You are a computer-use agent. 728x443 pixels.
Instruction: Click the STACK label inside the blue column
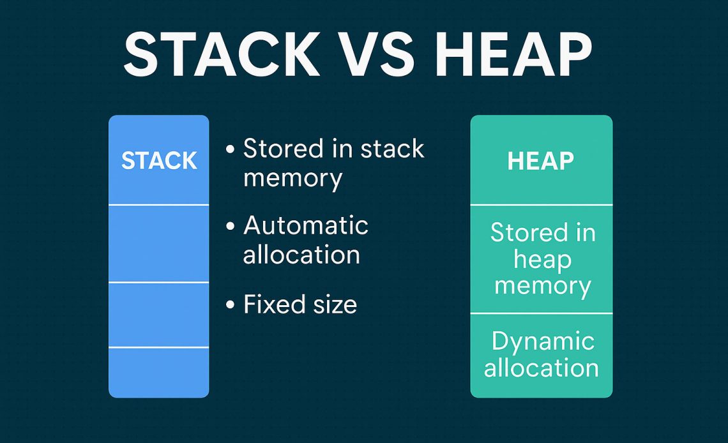(x=159, y=161)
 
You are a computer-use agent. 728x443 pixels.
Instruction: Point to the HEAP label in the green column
(x=540, y=161)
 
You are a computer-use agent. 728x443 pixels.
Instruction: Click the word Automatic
(x=306, y=225)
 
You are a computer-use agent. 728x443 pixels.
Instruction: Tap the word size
(x=333, y=304)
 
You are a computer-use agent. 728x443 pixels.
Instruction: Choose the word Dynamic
(x=543, y=342)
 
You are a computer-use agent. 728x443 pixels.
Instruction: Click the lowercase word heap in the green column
(x=542, y=259)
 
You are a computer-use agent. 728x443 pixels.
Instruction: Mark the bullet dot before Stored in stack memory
(x=231, y=150)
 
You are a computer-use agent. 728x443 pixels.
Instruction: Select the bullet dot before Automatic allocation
(x=231, y=227)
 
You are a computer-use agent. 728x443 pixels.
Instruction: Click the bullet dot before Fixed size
(x=231, y=305)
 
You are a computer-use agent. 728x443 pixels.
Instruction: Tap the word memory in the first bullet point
(x=292, y=178)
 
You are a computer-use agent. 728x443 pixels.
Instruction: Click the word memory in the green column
(x=542, y=286)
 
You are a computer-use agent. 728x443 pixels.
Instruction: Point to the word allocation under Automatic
(x=301, y=254)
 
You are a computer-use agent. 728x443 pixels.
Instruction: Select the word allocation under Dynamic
(x=542, y=368)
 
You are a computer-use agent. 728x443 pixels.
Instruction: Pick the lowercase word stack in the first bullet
(x=392, y=149)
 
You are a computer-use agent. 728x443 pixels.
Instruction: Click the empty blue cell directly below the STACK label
(x=159, y=243)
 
